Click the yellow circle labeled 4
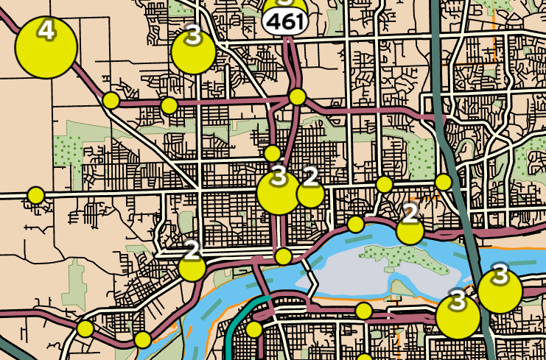46,47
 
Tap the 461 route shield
284,22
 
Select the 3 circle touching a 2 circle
279,192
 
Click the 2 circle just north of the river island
410,230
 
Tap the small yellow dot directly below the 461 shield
297,96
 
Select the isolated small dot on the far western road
35,195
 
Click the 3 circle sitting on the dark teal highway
500,290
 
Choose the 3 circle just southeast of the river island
458,315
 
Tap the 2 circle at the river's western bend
192,267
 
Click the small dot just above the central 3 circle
272,153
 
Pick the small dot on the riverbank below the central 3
283,256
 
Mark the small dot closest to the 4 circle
111,100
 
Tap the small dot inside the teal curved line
253,328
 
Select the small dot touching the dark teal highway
443,181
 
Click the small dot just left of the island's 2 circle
355,224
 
